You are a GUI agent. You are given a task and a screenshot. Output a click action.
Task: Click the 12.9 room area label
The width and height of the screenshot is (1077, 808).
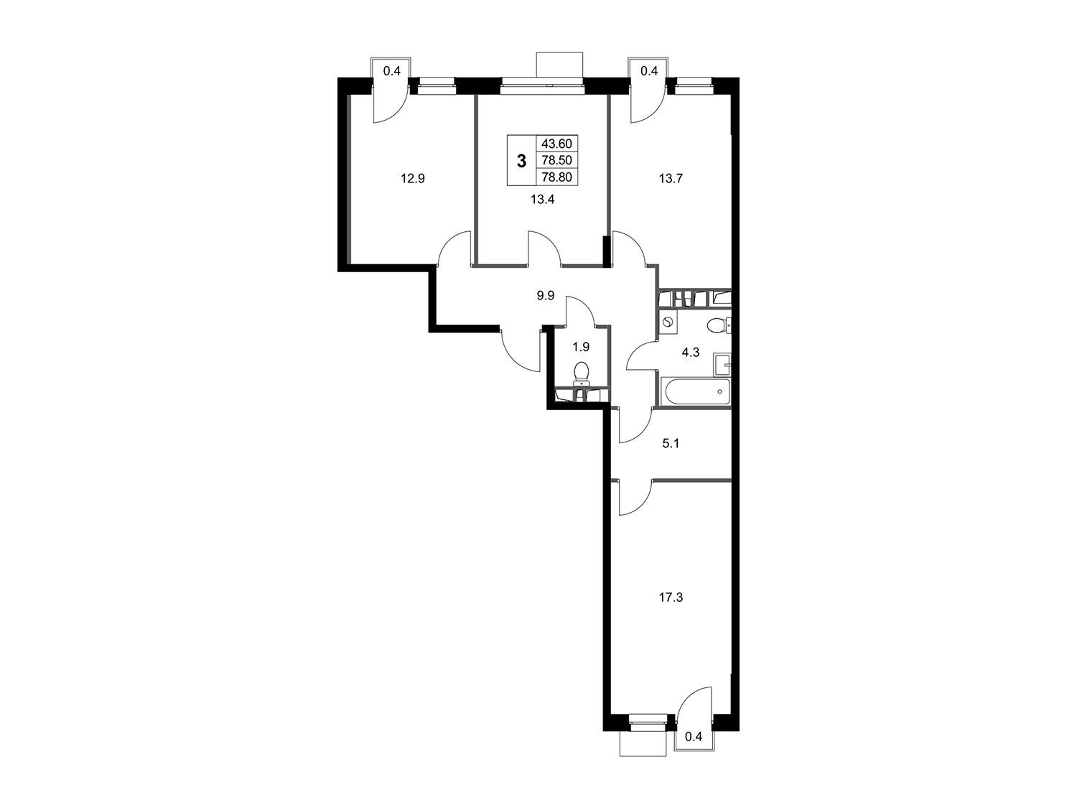(413, 179)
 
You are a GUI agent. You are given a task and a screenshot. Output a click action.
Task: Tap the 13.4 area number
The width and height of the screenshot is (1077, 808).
(542, 199)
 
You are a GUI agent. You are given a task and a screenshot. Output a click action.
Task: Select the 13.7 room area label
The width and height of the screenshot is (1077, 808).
(671, 179)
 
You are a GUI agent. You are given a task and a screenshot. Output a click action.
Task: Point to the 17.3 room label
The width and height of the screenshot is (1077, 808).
(671, 598)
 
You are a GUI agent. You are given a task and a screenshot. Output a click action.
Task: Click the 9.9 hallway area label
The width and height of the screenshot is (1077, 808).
(546, 295)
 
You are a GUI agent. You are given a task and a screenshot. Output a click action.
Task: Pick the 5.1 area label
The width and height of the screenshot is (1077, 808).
(671, 443)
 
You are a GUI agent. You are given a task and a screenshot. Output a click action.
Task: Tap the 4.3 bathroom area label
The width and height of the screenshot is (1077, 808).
(691, 352)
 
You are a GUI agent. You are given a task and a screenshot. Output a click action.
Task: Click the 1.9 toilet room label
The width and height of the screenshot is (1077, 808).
(581, 347)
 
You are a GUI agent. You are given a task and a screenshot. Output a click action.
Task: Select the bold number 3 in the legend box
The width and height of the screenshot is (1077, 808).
(521, 160)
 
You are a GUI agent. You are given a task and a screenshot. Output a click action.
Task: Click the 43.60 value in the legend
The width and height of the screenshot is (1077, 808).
(557, 144)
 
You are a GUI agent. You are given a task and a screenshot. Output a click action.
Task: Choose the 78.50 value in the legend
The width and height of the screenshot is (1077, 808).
(557, 160)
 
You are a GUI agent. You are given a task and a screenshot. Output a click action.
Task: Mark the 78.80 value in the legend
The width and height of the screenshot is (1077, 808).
(557, 177)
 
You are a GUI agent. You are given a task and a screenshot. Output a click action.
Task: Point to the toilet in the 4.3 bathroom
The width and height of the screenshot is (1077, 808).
(719, 325)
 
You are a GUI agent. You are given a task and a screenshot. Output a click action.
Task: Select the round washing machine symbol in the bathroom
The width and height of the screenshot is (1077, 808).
(667, 322)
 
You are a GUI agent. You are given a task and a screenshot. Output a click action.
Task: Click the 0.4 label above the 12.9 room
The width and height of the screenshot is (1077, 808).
(391, 71)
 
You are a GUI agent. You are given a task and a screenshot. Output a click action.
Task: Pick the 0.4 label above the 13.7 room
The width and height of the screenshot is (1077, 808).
(648, 71)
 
